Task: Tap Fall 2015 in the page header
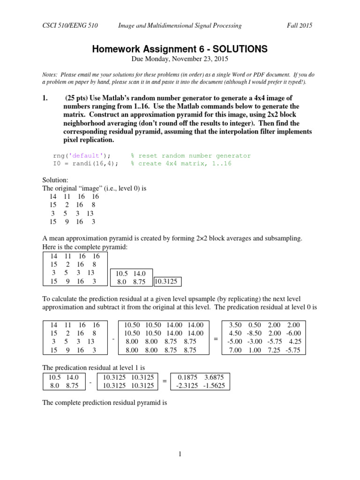pos(300,26)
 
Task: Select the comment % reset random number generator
pos(191,156)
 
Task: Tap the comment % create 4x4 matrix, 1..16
pos(181,164)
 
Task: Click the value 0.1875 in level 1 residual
pos(187,377)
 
